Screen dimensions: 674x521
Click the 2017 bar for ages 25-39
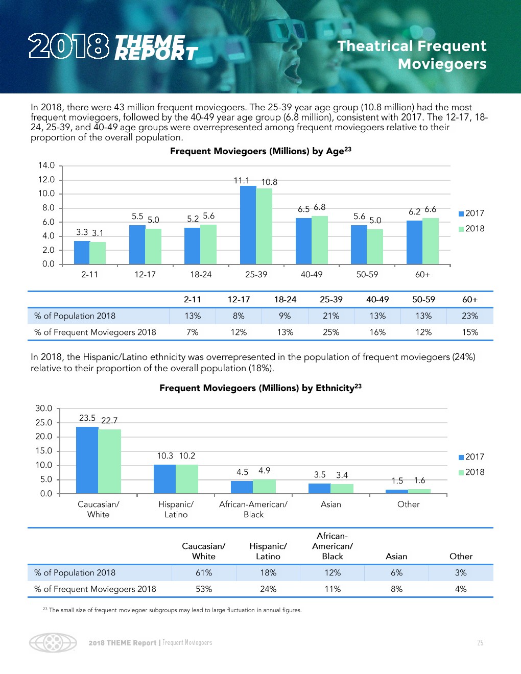(x=248, y=225)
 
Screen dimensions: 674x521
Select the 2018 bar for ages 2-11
(x=98, y=253)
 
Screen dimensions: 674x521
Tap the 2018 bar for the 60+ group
(x=431, y=241)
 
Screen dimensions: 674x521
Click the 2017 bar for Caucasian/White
(x=87, y=460)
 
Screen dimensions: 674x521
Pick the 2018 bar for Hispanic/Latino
(x=187, y=479)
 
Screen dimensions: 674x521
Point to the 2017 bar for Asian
(x=319, y=488)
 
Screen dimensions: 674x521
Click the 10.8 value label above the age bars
(x=269, y=182)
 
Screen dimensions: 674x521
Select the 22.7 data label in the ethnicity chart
(x=109, y=421)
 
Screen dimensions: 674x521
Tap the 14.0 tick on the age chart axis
(x=46, y=165)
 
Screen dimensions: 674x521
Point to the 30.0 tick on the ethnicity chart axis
(x=43, y=408)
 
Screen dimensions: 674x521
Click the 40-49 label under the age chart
(x=312, y=275)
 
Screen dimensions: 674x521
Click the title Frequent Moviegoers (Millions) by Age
(x=260, y=151)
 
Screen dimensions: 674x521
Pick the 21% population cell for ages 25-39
(x=331, y=316)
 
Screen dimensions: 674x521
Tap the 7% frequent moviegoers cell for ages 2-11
(x=193, y=332)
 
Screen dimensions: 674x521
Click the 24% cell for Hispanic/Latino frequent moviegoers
(x=268, y=589)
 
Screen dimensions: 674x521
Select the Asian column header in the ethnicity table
(x=396, y=557)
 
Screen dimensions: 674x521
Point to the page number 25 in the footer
(x=480, y=643)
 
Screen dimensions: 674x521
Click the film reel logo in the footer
(x=53, y=642)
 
